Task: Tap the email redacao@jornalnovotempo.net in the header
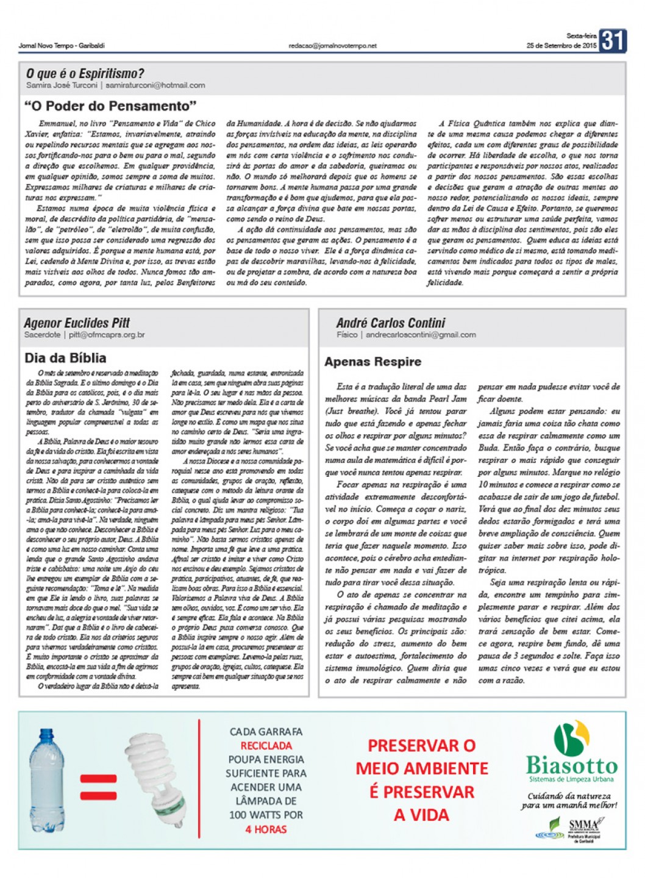(x=332, y=46)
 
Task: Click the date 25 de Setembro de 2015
(x=561, y=46)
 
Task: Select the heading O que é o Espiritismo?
(x=85, y=74)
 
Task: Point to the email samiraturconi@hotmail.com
(x=155, y=85)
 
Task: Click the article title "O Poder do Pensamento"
(x=110, y=106)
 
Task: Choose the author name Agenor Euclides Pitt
(x=77, y=323)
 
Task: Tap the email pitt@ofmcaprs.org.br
(x=107, y=335)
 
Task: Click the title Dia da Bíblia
(x=65, y=358)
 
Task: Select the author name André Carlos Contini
(x=390, y=323)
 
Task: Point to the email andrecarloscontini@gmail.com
(x=421, y=335)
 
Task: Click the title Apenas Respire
(x=372, y=362)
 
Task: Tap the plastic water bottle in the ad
(x=47, y=780)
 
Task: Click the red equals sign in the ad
(x=98, y=787)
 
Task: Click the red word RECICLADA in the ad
(x=266, y=746)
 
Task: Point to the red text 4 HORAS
(x=266, y=829)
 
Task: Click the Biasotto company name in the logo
(x=571, y=765)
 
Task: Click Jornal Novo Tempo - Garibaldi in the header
(x=62, y=46)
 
